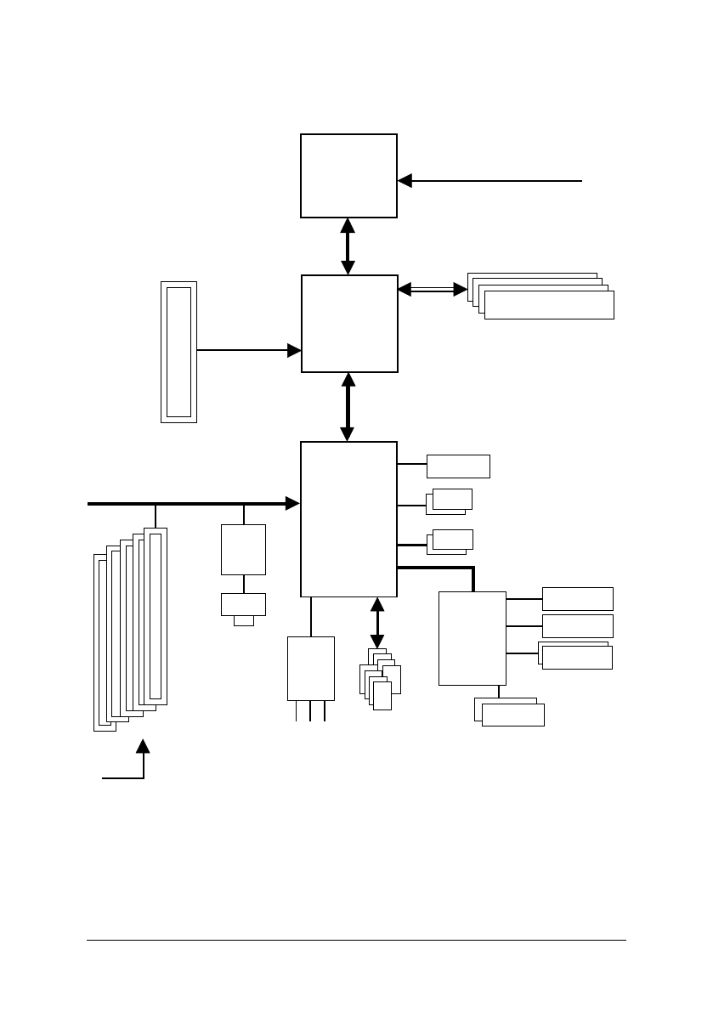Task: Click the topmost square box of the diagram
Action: [348, 175]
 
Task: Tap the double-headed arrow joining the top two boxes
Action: [348, 246]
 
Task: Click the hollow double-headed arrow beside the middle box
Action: [433, 290]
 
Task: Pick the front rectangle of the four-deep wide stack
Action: [549, 306]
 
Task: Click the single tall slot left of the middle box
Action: [178, 352]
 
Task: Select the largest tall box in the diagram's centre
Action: [348, 518]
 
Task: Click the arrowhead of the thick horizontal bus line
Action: [292, 504]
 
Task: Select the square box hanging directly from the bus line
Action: [243, 550]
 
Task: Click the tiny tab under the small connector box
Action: [243, 620]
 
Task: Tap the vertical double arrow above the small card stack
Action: [377, 623]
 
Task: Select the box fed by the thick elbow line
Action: [472, 638]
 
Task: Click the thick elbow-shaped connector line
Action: [450, 568]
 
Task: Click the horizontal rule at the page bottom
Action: [356, 940]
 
